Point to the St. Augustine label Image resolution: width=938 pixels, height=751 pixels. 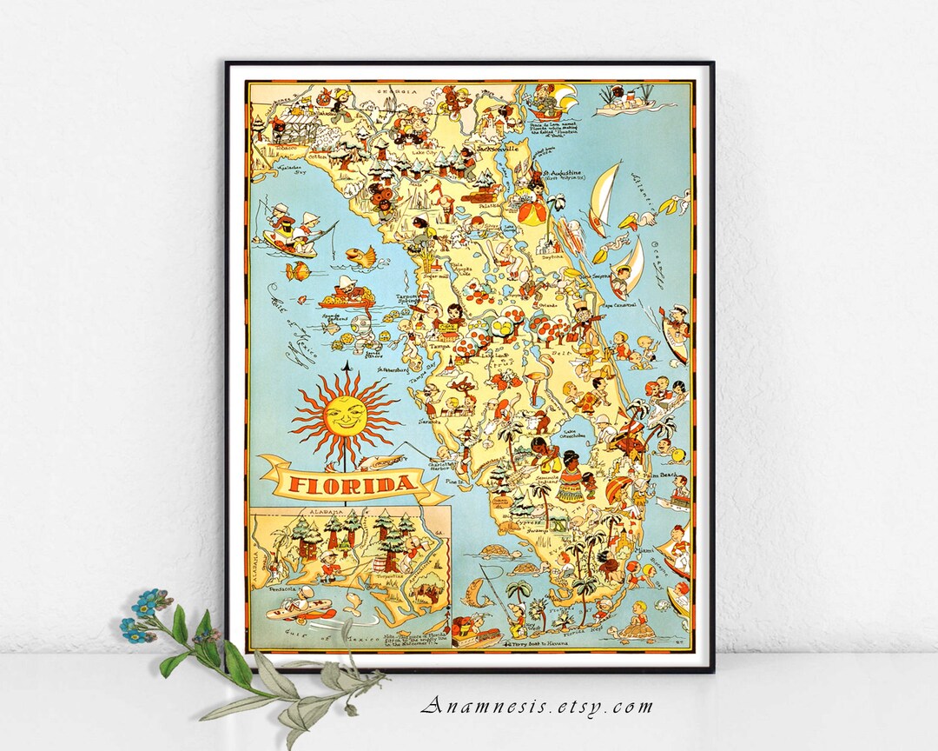[565, 173]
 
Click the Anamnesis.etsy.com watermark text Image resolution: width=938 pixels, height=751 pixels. [536, 706]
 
